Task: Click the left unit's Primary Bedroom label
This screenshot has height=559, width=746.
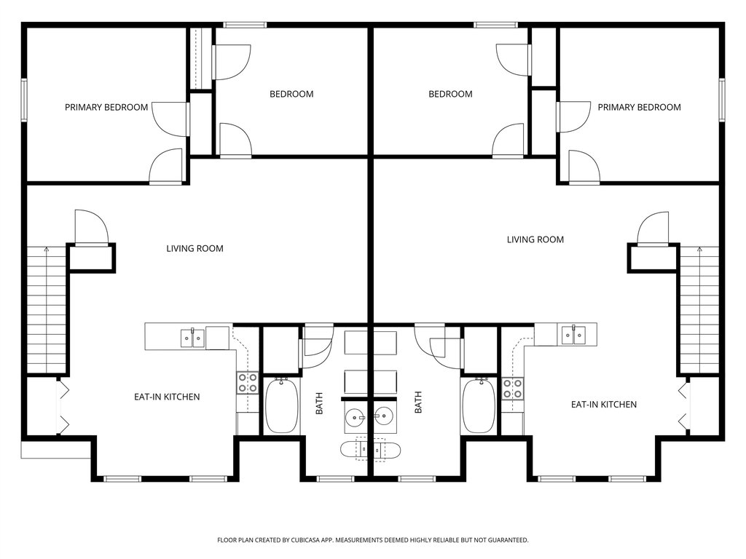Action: click(106, 108)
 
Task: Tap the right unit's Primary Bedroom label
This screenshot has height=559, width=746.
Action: click(639, 108)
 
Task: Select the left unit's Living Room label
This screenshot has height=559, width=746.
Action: click(195, 249)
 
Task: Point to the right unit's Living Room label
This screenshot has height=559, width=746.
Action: click(535, 239)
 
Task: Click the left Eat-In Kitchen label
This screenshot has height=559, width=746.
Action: click(167, 397)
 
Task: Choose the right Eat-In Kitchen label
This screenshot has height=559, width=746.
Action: click(604, 405)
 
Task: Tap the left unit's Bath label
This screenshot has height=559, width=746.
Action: click(319, 403)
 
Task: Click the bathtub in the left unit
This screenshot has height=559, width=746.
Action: click(282, 405)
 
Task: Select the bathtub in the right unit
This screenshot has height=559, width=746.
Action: click(479, 405)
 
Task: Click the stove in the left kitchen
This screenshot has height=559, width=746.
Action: click(248, 383)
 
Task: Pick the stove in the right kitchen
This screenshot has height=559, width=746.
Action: click(512, 388)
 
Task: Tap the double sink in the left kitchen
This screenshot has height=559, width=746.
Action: click(192, 338)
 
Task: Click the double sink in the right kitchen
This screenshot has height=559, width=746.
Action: click(573, 335)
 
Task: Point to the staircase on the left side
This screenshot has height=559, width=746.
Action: click(46, 310)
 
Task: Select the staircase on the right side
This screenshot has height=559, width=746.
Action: click(699, 310)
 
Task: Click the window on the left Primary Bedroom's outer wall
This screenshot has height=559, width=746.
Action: click(24, 100)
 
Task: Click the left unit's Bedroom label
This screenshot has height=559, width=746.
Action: click(291, 94)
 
